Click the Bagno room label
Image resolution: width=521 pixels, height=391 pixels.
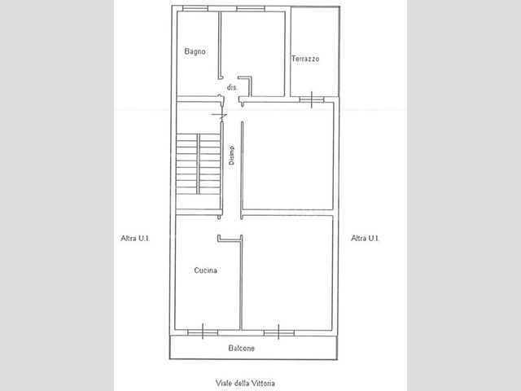[195, 51]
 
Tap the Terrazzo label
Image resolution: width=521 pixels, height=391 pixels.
[305, 59]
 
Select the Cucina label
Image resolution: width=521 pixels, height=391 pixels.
[206, 270]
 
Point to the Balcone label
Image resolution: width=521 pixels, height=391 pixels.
[242, 348]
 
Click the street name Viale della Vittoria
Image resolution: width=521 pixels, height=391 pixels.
[245, 383]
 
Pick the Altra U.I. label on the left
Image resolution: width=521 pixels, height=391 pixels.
[135, 239]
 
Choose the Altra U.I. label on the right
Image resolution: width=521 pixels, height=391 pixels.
[366, 239]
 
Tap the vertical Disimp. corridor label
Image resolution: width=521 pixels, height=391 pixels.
[231, 155]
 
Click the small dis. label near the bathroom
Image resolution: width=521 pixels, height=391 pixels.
[233, 87]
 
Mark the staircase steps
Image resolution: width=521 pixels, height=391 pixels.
[199, 164]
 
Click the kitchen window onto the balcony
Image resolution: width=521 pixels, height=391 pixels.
[203, 332]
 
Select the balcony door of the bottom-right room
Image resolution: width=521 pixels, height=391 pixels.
[278, 332]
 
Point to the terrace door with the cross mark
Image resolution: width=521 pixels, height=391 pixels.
[311, 99]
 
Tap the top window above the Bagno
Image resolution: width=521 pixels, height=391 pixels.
[195, 9]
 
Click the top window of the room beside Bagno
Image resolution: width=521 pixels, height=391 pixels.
[251, 9]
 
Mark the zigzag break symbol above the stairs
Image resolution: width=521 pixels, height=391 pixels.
[220, 116]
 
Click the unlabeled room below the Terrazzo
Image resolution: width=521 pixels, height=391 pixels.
[287, 156]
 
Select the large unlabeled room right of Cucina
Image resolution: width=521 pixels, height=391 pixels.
[287, 273]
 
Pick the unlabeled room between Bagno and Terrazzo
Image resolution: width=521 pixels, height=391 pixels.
[252, 54]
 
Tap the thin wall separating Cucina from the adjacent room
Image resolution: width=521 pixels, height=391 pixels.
[241, 283]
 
